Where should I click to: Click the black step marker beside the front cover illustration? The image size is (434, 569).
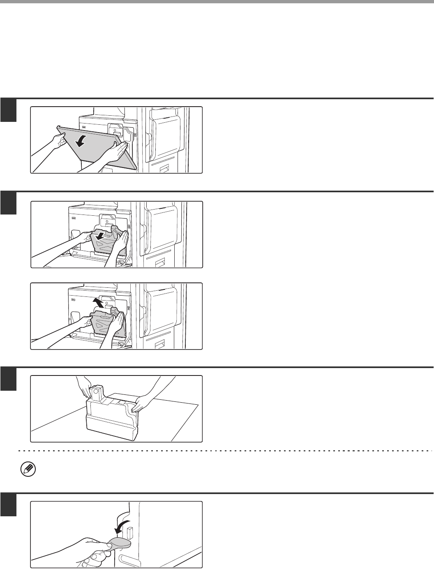[x=8, y=111]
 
